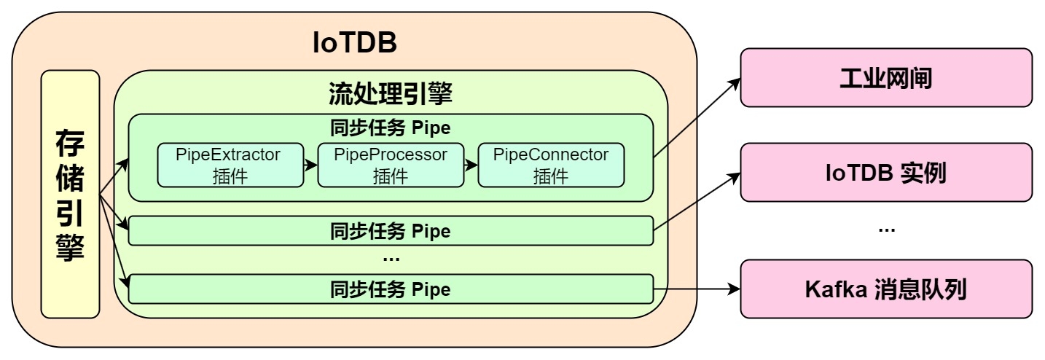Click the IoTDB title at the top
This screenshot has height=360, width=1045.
coord(354,43)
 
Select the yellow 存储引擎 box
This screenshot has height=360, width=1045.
coord(70,194)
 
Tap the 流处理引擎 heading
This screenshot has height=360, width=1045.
coord(391,93)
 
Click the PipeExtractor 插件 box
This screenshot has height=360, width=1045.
coord(230,165)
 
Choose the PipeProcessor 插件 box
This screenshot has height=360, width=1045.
coord(391,165)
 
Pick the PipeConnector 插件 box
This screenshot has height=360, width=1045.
coord(550,165)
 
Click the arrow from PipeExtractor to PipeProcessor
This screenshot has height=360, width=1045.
coord(310,165)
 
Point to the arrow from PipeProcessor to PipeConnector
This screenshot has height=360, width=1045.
coord(470,165)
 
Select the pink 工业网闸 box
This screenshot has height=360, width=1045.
coord(886,78)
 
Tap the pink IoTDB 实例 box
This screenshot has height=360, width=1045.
coord(886,173)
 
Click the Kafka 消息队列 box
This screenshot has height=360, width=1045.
coord(886,289)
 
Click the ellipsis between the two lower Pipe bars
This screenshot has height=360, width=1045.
coord(391,259)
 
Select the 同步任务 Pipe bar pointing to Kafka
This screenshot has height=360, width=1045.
coord(391,289)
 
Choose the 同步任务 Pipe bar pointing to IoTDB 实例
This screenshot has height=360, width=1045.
coord(391,231)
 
